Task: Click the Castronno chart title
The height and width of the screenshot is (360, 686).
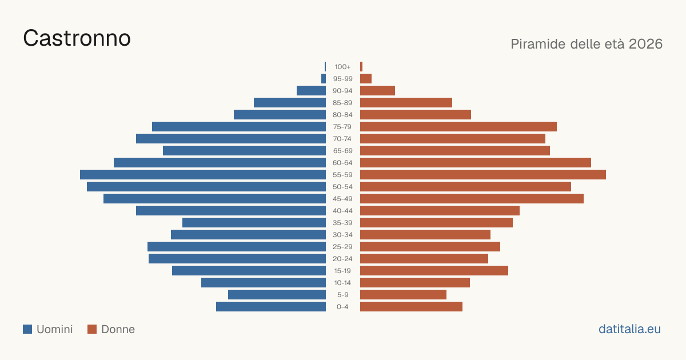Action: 77,38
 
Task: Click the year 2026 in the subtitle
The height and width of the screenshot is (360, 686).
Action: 645,44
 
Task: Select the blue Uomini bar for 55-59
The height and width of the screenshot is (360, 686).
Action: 203,175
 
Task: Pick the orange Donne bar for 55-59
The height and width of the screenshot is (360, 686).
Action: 483,175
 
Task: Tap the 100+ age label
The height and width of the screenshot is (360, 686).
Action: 342,67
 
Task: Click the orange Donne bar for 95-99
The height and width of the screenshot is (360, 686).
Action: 366,79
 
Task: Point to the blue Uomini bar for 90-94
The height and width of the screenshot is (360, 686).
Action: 311,91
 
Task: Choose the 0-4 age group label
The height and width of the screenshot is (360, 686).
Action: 342,307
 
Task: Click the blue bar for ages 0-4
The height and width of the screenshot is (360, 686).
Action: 271,307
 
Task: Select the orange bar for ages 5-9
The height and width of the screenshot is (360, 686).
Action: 404,295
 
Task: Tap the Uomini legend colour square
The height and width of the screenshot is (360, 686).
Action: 27,329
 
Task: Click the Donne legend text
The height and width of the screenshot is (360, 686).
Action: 118,329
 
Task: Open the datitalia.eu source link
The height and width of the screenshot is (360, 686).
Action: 629,329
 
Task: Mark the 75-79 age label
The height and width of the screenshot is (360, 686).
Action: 342,127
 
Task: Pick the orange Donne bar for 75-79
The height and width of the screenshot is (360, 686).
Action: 458,127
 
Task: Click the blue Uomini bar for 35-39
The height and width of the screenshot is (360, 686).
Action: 254,222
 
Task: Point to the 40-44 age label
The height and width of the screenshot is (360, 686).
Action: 342,211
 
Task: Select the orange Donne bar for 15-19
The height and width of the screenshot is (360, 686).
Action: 434,271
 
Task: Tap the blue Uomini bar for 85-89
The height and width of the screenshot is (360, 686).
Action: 290,102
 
